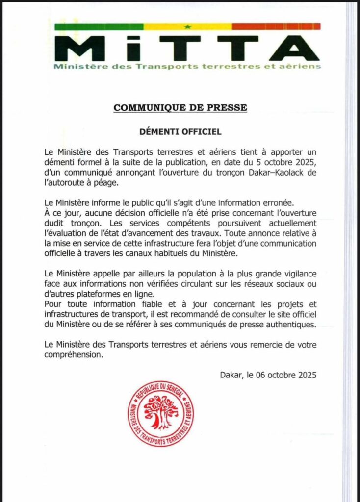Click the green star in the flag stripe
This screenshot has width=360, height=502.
(x=187, y=26)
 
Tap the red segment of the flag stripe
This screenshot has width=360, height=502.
(x=276, y=26)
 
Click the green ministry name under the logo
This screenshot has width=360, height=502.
(x=187, y=66)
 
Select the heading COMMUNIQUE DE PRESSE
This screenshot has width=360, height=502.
(x=180, y=107)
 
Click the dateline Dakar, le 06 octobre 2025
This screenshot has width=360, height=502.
(x=269, y=376)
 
